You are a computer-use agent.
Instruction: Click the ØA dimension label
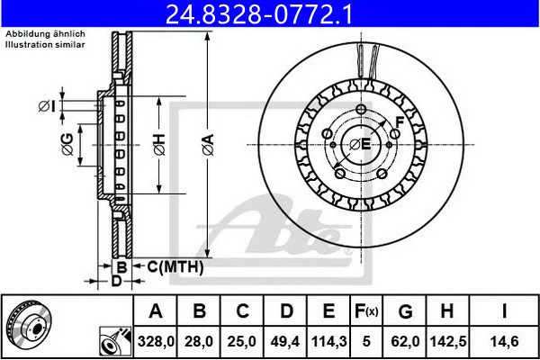(x=207, y=144)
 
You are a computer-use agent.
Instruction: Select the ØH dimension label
(x=158, y=144)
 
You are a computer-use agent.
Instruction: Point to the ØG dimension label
(x=67, y=144)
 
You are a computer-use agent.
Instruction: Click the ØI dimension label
(x=48, y=107)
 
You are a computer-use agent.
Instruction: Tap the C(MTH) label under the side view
(x=175, y=267)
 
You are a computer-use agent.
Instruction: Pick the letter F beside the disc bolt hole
(x=398, y=120)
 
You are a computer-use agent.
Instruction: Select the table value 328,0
(x=156, y=341)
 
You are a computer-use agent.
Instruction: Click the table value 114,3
(x=329, y=341)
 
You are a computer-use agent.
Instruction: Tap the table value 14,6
(x=506, y=341)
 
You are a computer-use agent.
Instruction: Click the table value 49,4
(x=286, y=341)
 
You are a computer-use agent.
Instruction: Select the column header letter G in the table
(x=406, y=311)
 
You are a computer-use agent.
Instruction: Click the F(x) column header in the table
(x=367, y=311)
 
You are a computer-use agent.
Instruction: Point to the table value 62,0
(x=406, y=341)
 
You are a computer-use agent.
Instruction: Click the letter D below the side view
(x=116, y=281)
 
